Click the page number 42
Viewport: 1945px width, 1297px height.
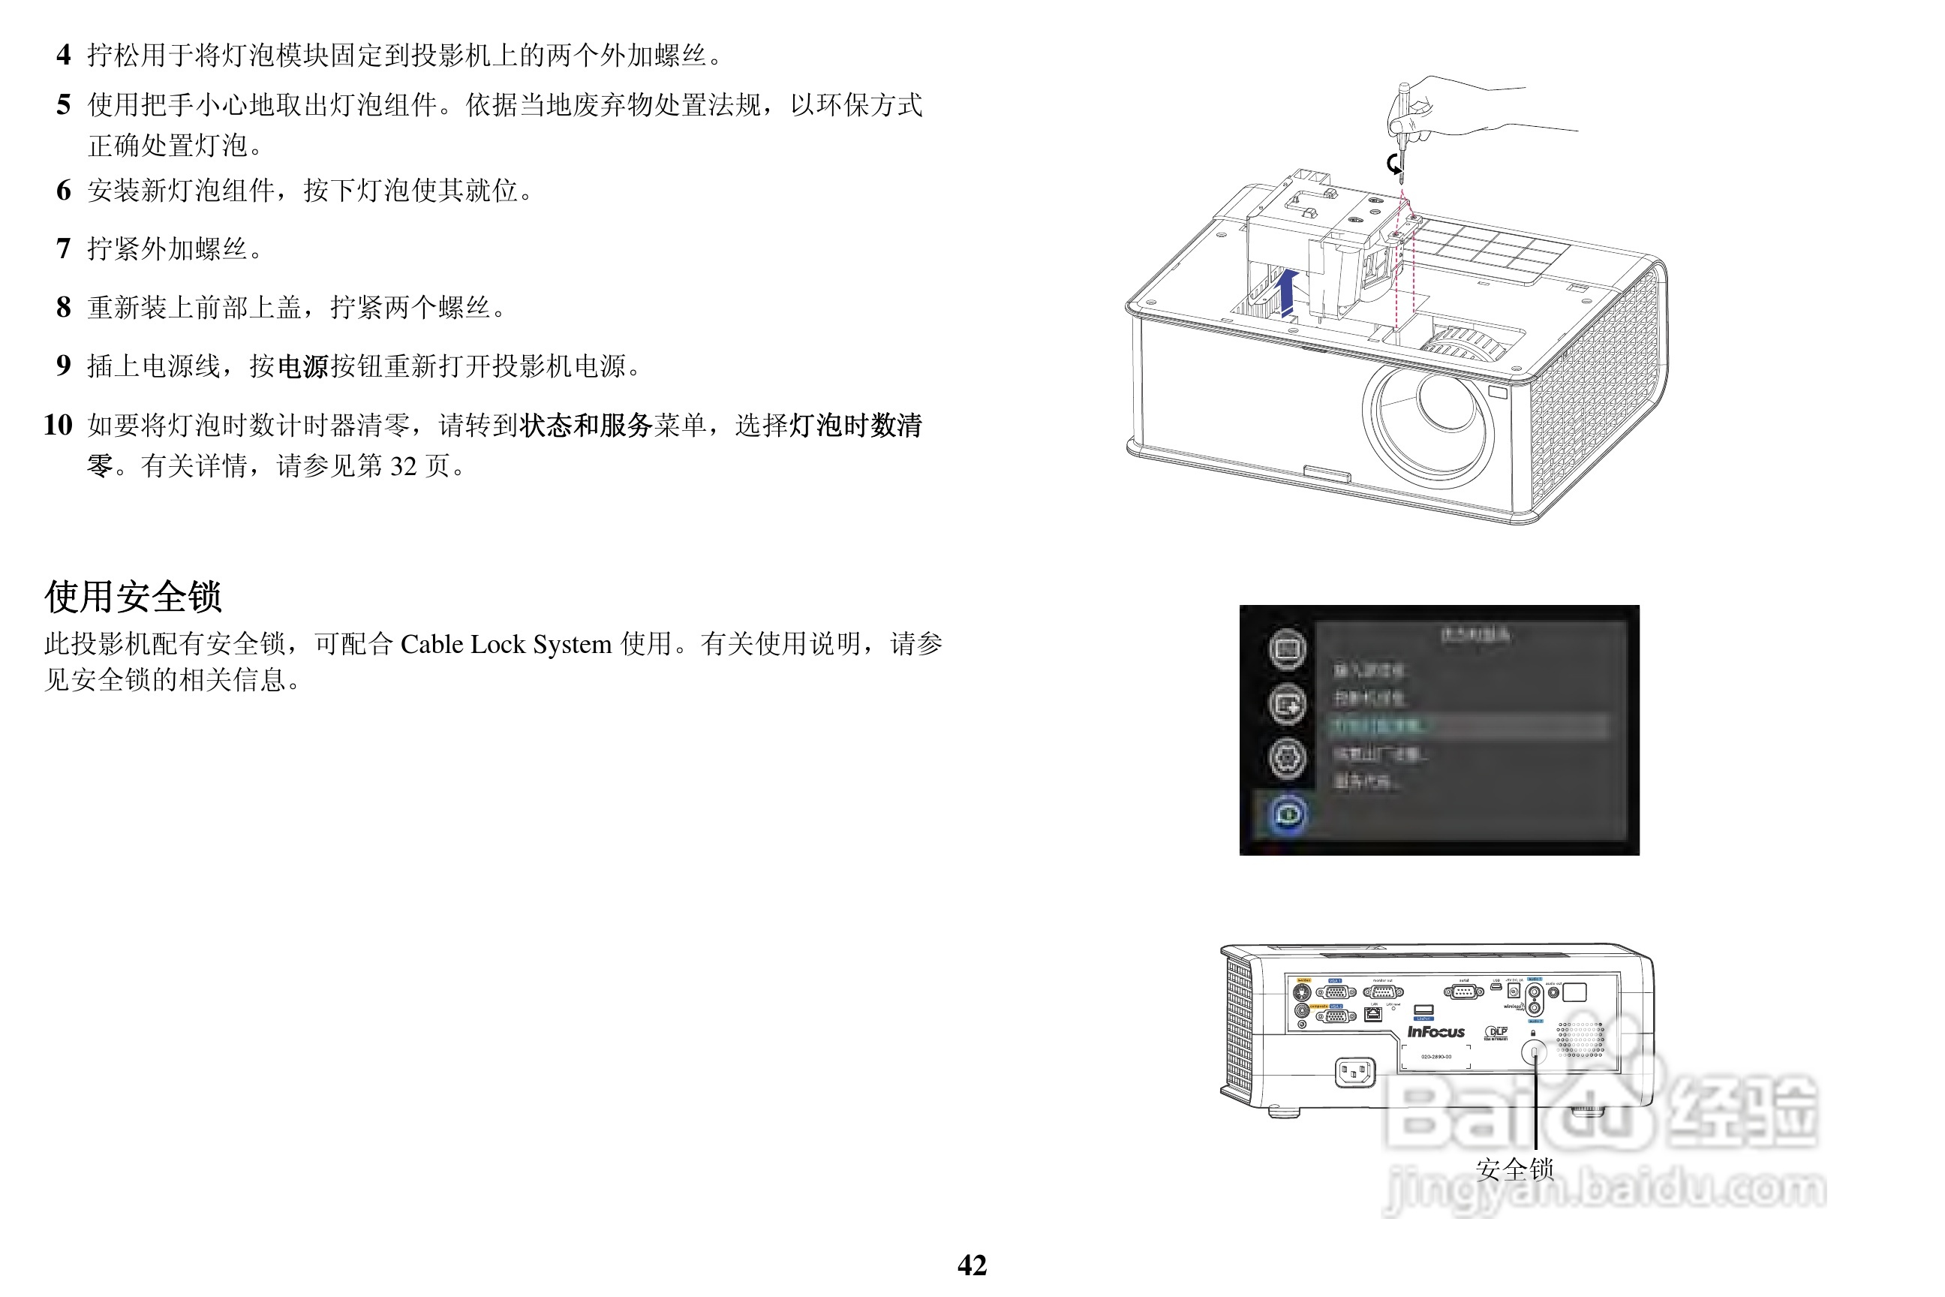(x=972, y=1265)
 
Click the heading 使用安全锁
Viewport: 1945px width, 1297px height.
(x=133, y=597)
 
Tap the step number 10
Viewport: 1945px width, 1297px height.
(x=58, y=425)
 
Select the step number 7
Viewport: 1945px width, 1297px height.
(x=64, y=248)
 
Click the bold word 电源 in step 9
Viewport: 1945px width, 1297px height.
(x=302, y=366)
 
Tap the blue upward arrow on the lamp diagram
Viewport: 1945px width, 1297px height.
(x=1287, y=291)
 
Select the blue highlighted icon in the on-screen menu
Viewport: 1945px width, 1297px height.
(x=1288, y=814)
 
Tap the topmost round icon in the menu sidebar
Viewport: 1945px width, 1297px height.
(x=1288, y=648)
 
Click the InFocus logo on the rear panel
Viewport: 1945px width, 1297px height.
(x=1435, y=1031)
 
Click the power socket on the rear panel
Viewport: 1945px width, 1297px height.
(x=1355, y=1072)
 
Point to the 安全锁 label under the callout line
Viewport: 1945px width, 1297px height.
(x=1515, y=1169)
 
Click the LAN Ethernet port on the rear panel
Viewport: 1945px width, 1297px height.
(x=1372, y=1014)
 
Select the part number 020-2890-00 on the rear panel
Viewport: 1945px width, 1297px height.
(x=1435, y=1056)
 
